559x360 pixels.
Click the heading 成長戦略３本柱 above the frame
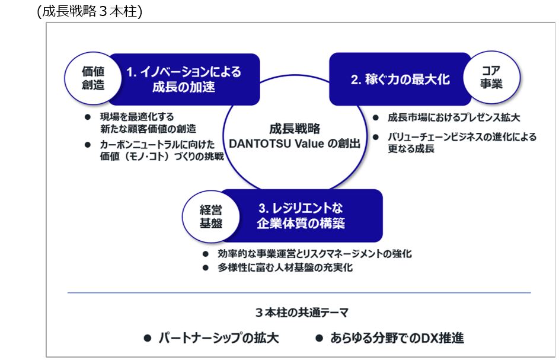coord(90,11)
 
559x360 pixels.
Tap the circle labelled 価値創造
coord(92,78)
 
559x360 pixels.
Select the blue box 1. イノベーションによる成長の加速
coord(184,79)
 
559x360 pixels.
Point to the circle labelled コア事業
coord(491,78)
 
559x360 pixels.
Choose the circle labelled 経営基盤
coord(210,216)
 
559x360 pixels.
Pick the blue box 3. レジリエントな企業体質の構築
coord(301,216)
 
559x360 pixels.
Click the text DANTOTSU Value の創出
coord(295,144)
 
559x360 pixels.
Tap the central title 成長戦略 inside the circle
coord(295,128)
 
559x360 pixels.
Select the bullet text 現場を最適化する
coord(137,117)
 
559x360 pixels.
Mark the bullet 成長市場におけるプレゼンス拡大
coord(454,118)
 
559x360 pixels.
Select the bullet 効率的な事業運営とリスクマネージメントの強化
coord(315,254)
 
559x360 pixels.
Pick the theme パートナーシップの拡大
coord(218,338)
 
